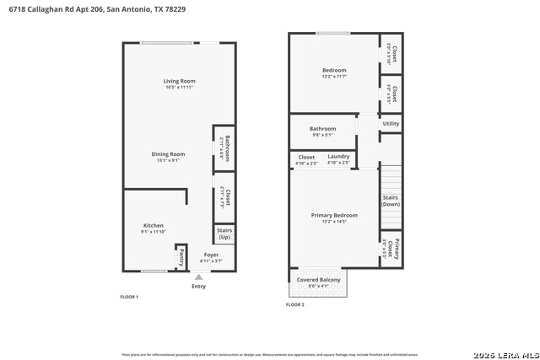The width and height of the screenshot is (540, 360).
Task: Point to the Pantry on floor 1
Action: click(181, 257)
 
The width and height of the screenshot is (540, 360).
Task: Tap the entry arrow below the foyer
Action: click(198, 276)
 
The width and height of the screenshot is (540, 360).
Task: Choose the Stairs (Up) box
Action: click(224, 234)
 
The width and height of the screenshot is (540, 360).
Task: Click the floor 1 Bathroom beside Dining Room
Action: click(225, 149)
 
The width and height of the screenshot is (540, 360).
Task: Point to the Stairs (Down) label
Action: click(390, 201)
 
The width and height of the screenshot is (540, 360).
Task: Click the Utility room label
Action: click(391, 124)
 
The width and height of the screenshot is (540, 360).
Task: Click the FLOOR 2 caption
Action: click(295, 304)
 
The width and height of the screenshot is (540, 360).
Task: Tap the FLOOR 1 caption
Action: click(129, 297)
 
